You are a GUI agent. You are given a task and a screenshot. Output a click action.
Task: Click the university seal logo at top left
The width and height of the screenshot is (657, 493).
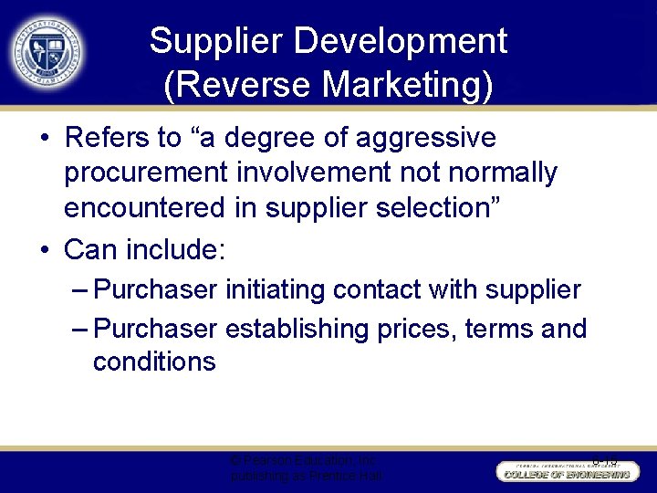46,50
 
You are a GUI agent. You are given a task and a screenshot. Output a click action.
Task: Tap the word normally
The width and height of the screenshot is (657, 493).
505,173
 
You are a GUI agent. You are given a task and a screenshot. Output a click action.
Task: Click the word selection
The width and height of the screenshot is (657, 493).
430,207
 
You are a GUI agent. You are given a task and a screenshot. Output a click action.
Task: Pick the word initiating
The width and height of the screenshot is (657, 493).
275,290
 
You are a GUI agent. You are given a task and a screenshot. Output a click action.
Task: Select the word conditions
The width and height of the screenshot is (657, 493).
154,362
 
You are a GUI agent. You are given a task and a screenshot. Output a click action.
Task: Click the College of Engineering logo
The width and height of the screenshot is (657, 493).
565,470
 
